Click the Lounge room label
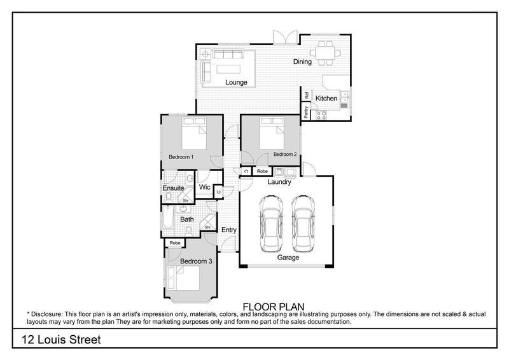click(x=236, y=83)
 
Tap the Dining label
click(x=302, y=62)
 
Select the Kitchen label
click(x=326, y=99)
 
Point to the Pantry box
click(x=306, y=111)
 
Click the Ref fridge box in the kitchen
click(x=307, y=95)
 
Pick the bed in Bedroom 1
click(x=194, y=134)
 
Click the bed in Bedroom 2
click(x=272, y=133)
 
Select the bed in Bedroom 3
click(x=183, y=278)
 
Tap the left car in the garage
click(x=271, y=223)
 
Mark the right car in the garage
click(x=303, y=223)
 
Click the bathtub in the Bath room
click(x=167, y=216)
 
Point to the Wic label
click(x=204, y=187)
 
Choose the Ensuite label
click(x=173, y=188)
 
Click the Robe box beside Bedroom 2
click(x=262, y=171)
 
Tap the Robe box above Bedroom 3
click(x=175, y=242)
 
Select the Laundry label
click(x=279, y=182)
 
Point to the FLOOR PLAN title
click(x=274, y=307)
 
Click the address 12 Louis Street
click(x=61, y=340)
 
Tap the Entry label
click(x=229, y=230)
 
